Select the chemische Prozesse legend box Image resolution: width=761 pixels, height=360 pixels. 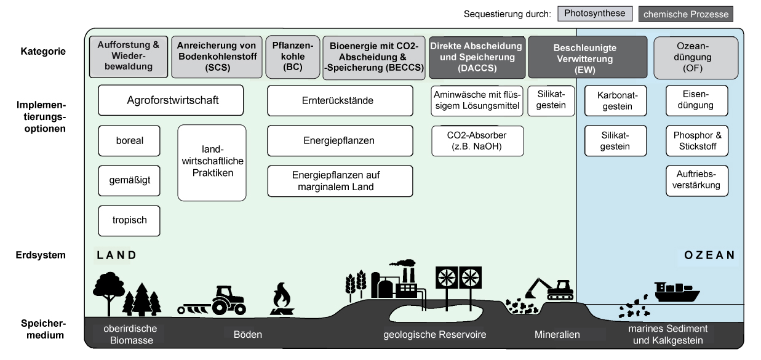pyautogui.click(x=686, y=14)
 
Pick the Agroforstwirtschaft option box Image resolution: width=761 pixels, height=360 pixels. pyautogui.click(x=171, y=100)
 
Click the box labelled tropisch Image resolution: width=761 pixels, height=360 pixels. pyautogui.click(x=129, y=221)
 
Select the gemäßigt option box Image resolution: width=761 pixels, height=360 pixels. pyautogui.click(x=129, y=181)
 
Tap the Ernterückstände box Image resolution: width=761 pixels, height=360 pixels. pyautogui.click(x=340, y=100)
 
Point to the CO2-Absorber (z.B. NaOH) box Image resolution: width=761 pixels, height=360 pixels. pyautogui.click(x=477, y=141)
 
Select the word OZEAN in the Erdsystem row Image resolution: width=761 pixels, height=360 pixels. pyautogui.click(x=709, y=255)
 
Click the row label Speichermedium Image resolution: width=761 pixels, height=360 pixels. pyautogui.click(x=50, y=329)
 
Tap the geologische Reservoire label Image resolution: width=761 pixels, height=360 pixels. pyautogui.click(x=434, y=335)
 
